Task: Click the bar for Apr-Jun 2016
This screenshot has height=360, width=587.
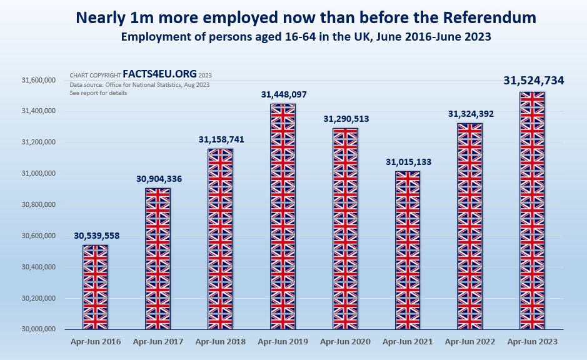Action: [x=96, y=287]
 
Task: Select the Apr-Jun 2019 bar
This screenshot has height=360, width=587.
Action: [x=283, y=216]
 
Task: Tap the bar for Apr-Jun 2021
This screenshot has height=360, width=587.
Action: [x=408, y=250]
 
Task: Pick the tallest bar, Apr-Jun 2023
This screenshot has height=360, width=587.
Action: [x=533, y=210]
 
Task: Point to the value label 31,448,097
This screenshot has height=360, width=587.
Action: [x=284, y=94]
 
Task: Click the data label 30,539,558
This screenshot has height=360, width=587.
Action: [x=96, y=236]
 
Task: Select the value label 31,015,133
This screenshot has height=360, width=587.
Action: [x=408, y=162]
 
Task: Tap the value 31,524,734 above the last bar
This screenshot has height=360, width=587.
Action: [x=533, y=80]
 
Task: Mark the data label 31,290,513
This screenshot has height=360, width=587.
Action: [x=346, y=119]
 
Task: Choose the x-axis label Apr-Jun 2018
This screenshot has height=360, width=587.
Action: [x=221, y=342]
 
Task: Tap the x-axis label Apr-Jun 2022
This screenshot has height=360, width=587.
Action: [x=470, y=342]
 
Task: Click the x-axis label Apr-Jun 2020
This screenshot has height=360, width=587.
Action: [x=346, y=342]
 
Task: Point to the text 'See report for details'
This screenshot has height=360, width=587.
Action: [x=98, y=93]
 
